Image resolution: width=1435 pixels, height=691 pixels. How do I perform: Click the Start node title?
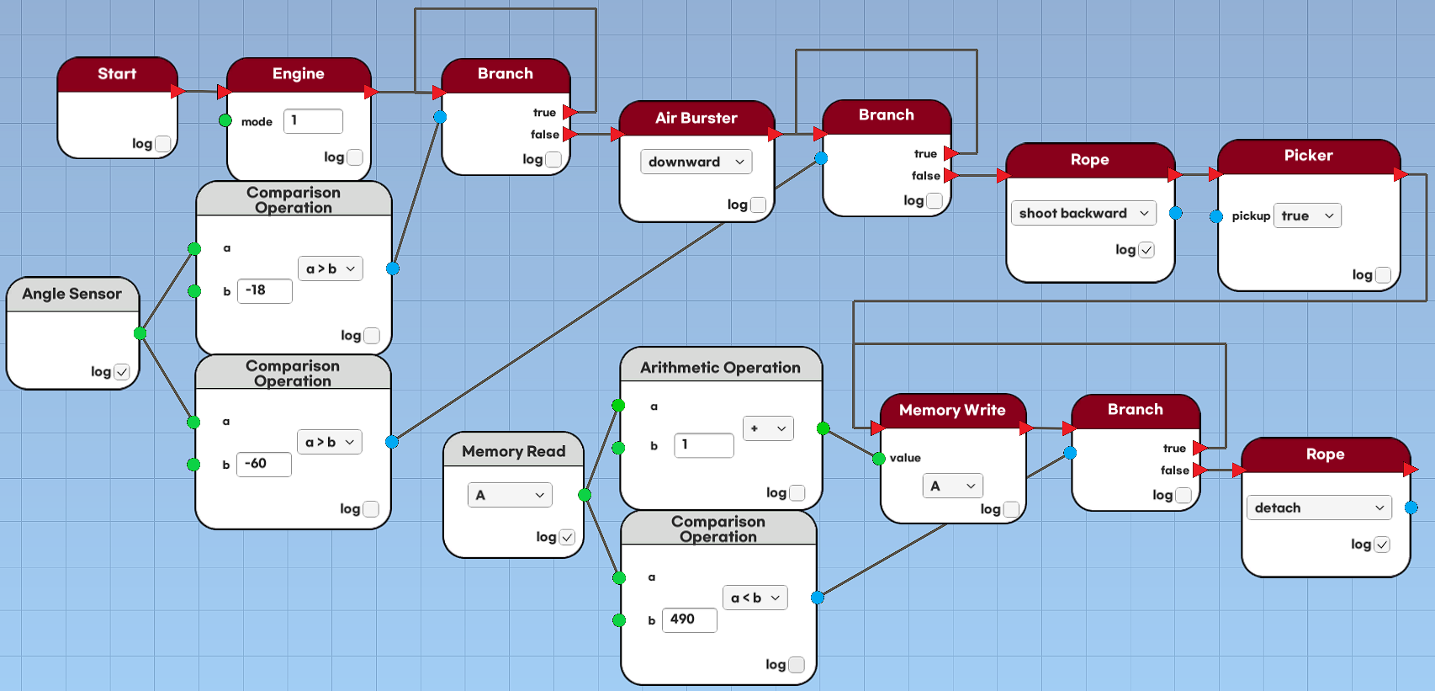[x=117, y=74]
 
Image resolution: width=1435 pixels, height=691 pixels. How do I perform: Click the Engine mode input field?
[x=313, y=121]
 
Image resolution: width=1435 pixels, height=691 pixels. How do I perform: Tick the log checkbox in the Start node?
[x=163, y=144]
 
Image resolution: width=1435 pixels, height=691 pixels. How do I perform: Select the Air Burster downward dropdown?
[x=696, y=162]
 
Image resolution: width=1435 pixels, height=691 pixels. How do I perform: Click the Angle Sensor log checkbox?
[x=122, y=371]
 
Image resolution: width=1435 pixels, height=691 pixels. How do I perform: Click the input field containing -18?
[x=264, y=290]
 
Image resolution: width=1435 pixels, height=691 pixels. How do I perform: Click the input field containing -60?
[x=263, y=464]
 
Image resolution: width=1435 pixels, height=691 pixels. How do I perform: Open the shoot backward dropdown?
[x=1083, y=213]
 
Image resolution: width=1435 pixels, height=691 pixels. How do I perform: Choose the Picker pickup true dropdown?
[x=1307, y=215]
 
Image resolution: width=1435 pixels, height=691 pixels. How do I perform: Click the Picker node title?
[x=1308, y=156]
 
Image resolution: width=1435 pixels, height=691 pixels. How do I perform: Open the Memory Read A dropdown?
[x=510, y=495]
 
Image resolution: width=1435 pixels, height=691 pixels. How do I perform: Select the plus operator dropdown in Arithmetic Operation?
[x=768, y=428]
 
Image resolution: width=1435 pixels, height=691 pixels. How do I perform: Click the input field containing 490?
[x=689, y=619]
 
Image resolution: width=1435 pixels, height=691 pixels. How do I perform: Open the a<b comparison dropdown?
[x=755, y=598]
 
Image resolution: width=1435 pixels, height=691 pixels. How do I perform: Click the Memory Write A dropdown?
[x=952, y=486]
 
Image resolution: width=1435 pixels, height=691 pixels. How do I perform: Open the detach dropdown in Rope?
[x=1318, y=508]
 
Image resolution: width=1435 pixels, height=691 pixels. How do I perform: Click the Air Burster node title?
[x=696, y=118]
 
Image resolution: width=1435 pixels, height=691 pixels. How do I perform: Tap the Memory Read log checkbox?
[x=567, y=537]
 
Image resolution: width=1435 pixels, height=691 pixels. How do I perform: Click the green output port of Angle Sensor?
[x=140, y=333]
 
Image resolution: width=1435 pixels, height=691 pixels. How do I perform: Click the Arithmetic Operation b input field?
[x=703, y=444]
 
